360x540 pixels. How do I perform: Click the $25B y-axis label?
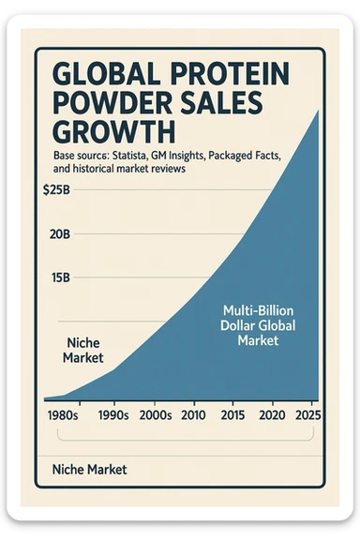click(58, 191)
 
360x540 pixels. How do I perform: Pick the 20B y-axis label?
click(59, 234)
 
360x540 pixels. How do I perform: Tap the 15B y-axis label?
click(59, 277)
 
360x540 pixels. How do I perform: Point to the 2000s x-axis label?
click(156, 413)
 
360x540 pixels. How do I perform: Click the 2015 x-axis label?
click(234, 413)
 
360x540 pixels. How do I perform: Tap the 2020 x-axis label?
click(273, 413)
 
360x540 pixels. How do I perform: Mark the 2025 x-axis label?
click(307, 413)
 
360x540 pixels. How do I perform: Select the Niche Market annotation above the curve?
click(82, 351)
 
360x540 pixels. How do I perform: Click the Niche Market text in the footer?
click(89, 469)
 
